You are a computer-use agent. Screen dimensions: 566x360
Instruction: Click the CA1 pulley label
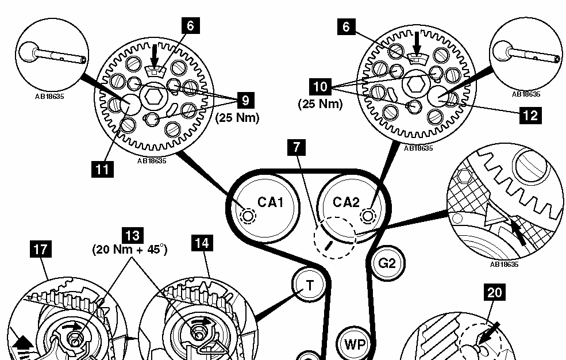click(x=271, y=202)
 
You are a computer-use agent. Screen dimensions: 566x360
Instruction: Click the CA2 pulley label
click(x=346, y=202)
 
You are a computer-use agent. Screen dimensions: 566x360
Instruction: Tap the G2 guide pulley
click(x=387, y=263)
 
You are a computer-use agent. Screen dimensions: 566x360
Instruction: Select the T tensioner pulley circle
click(x=309, y=285)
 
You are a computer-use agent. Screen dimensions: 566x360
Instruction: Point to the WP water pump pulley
click(x=355, y=344)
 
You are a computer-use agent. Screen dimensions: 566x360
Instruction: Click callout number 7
click(x=297, y=147)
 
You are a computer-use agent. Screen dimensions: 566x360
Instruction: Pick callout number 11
click(x=102, y=169)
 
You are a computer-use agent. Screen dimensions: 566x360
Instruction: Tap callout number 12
click(x=530, y=115)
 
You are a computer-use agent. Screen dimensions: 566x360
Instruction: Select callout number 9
click(x=245, y=100)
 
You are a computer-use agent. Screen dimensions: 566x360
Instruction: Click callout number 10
click(x=321, y=87)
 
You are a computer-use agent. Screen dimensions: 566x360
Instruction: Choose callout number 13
click(x=133, y=235)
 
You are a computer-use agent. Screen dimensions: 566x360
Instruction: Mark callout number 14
click(x=202, y=243)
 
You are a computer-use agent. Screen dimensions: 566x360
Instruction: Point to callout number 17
click(x=40, y=249)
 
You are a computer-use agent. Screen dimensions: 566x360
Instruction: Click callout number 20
click(x=495, y=292)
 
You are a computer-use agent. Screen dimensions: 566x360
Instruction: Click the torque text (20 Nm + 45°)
click(x=130, y=250)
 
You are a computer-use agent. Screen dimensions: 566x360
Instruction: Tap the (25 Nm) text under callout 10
click(x=320, y=104)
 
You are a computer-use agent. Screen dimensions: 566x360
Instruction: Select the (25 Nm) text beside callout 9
click(x=237, y=118)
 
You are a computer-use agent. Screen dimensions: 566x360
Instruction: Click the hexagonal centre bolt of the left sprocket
click(x=153, y=97)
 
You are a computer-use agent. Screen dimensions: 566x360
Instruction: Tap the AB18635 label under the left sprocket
click(x=152, y=161)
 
